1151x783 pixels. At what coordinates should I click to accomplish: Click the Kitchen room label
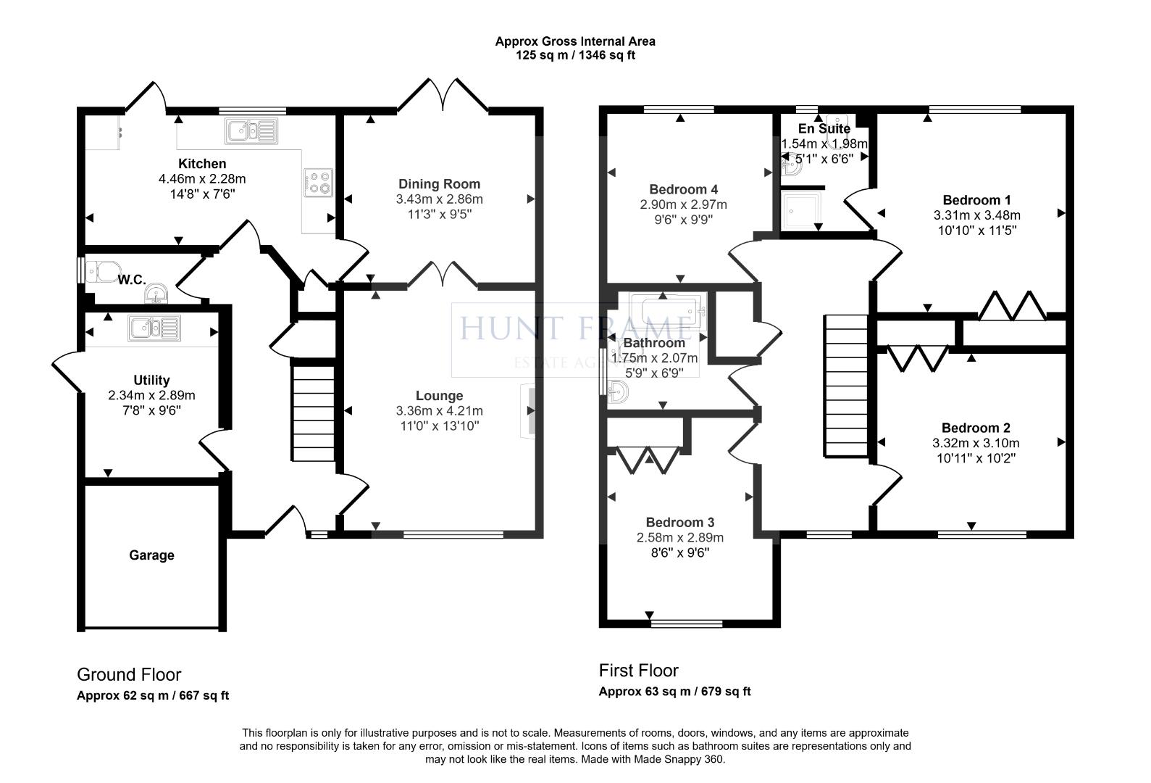click(202, 164)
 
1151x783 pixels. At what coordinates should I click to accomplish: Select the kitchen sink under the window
click(251, 130)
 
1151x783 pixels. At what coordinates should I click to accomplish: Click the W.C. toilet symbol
click(101, 272)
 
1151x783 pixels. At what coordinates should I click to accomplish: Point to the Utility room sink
click(154, 328)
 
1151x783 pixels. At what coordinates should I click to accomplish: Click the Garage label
click(151, 555)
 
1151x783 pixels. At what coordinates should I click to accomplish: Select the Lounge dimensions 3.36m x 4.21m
click(439, 411)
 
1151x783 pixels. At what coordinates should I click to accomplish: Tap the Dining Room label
click(439, 183)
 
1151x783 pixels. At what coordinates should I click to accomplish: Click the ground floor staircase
click(313, 413)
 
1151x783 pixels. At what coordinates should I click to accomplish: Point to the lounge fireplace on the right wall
click(530, 411)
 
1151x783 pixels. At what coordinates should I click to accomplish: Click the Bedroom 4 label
click(683, 189)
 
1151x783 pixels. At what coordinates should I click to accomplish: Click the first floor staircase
click(845, 386)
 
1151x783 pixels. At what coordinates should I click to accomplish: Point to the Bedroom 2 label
click(976, 428)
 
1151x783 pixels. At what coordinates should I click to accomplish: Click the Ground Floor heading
click(129, 675)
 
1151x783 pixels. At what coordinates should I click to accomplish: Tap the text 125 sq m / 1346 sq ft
click(575, 55)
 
